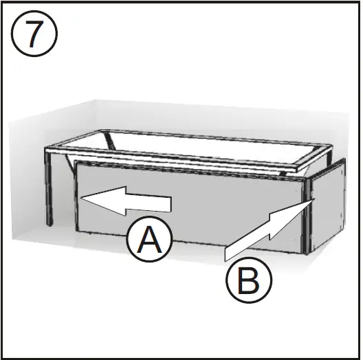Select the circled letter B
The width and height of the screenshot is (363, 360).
[249, 280]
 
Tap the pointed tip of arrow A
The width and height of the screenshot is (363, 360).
[82, 198]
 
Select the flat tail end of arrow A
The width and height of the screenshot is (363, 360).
[170, 203]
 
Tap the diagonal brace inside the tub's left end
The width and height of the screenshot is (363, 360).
[109, 142]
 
